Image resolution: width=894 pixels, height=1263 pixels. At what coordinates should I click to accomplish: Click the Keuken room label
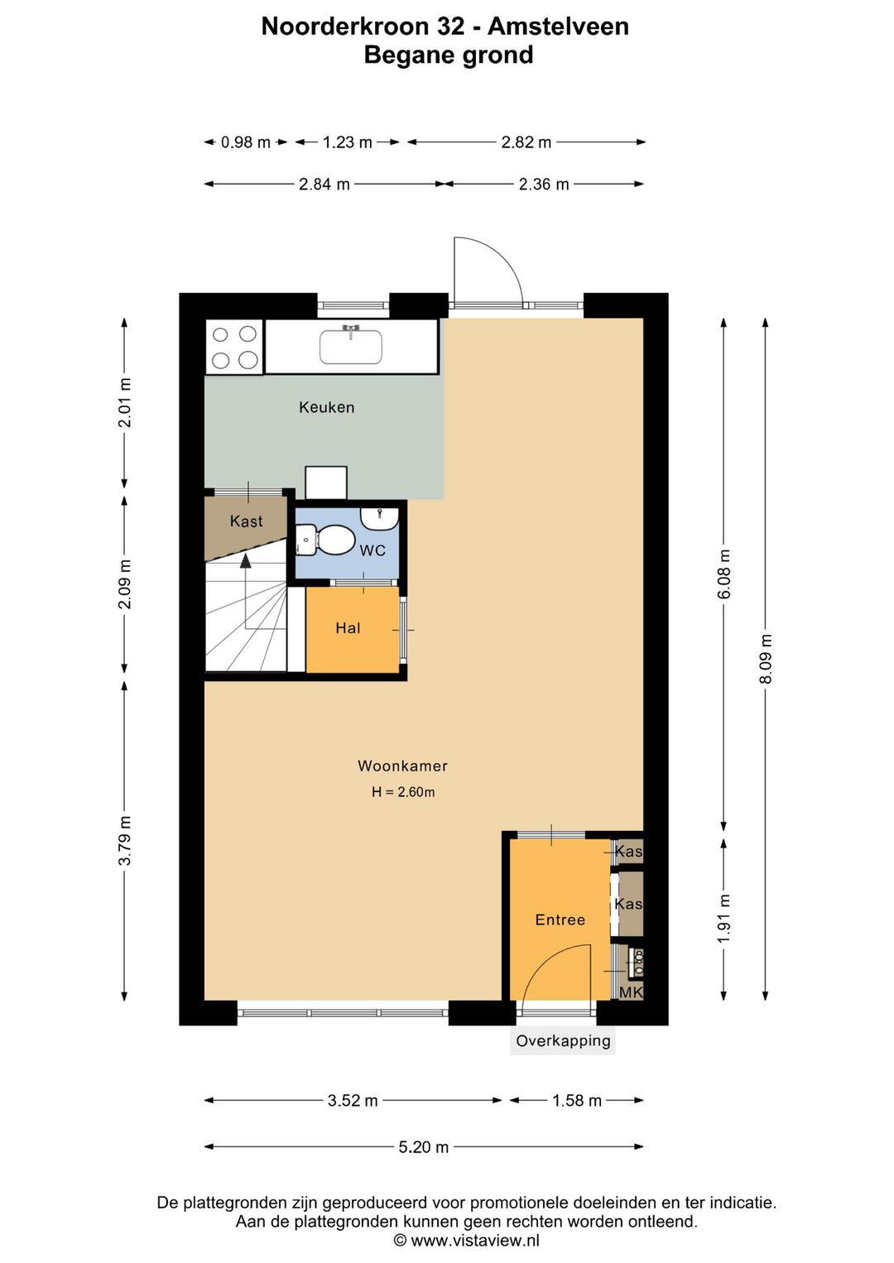(x=327, y=407)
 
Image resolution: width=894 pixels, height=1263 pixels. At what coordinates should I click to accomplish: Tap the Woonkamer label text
(x=403, y=766)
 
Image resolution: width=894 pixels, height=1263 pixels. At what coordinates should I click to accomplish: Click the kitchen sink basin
(x=351, y=346)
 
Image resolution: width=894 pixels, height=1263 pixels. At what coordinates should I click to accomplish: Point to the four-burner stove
(x=234, y=347)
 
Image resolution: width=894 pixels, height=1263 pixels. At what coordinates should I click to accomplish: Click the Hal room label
(x=348, y=628)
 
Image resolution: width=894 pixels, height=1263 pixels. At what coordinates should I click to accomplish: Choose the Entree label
(x=560, y=920)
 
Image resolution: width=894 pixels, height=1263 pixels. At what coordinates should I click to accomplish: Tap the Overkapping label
(x=563, y=1041)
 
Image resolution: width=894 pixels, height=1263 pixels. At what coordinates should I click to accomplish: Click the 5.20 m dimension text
(x=424, y=1147)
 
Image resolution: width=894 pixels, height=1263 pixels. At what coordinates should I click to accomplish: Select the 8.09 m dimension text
(x=766, y=659)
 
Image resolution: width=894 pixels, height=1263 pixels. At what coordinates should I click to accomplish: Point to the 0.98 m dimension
(x=245, y=142)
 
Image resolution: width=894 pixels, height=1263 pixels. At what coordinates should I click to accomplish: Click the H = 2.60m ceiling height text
(x=403, y=791)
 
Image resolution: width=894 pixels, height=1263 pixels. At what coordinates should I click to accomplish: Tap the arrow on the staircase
(x=246, y=592)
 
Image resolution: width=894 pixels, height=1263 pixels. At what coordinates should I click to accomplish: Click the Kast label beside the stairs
(x=247, y=521)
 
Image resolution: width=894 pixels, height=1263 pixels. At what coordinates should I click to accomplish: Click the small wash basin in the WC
(x=380, y=517)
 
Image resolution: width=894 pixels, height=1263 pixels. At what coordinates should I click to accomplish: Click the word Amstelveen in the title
(x=558, y=26)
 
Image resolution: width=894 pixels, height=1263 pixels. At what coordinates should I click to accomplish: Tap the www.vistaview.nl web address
(x=475, y=1241)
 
